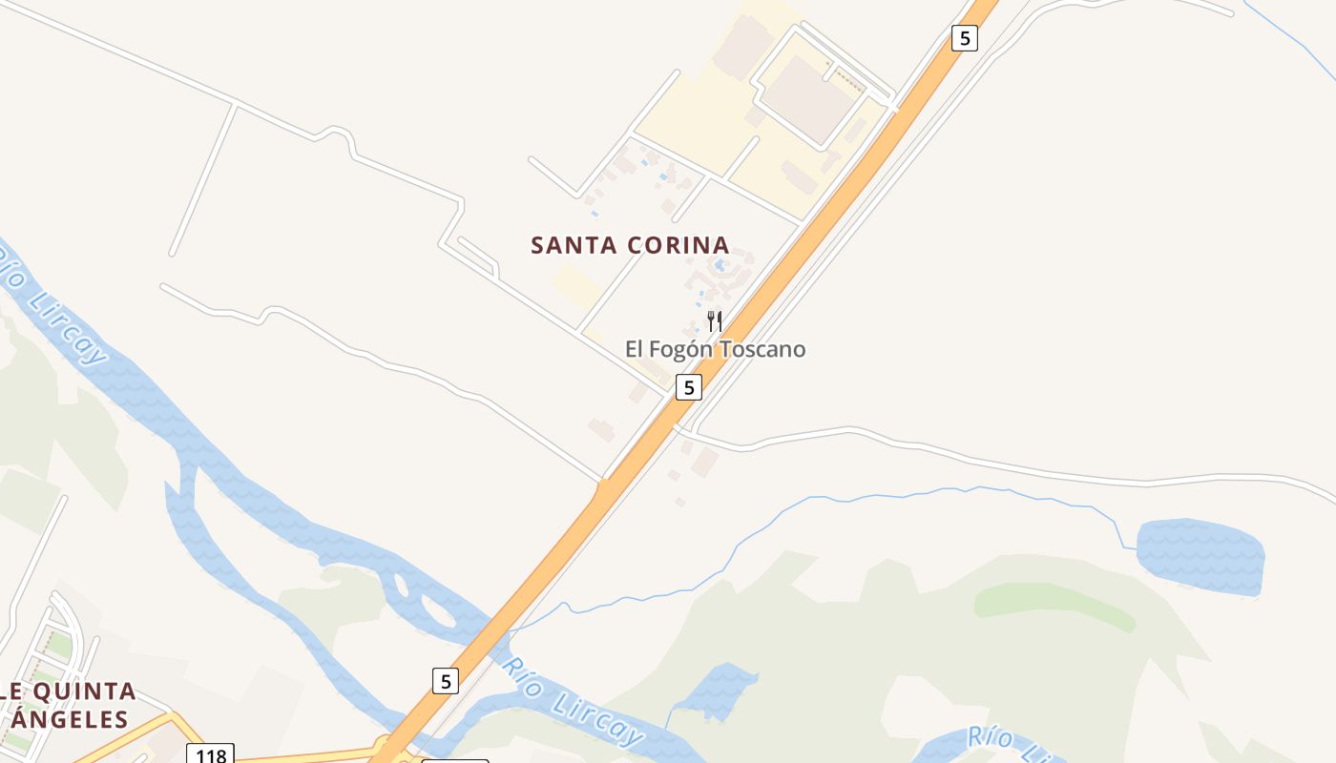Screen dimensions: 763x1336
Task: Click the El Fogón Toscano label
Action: pyautogui.click(x=715, y=349)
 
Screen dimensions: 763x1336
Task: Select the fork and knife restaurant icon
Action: pyautogui.click(x=715, y=320)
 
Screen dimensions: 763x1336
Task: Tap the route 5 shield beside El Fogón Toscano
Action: pyautogui.click(x=688, y=386)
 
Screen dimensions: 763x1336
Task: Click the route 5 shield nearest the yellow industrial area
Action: pyautogui.click(x=965, y=38)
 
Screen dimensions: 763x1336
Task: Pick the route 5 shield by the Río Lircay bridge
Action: pyautogui.click(x=445, y=680)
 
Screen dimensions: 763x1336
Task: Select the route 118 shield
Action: pyautogui.click(x=210, y=755)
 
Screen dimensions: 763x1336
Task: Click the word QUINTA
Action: pyautogui.click(x=87, y=691)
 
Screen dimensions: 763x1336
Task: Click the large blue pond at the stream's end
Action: pyautogui.click(x=1200, y=555)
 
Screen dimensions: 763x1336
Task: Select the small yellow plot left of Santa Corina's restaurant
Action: pyautogui.click(x=576, y=284)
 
